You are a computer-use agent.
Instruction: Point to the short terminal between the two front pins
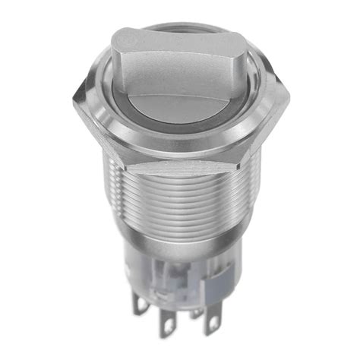point(195,313)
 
